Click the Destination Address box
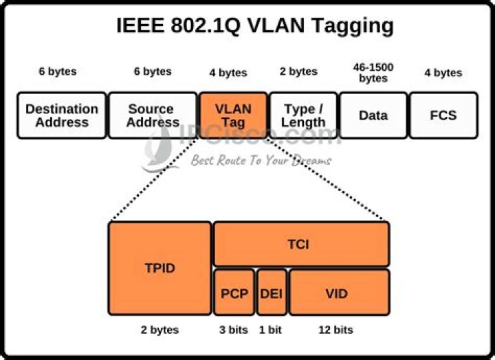(x=62, y=115)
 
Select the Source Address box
(x=151, y=115)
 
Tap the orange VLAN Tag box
(x=232, y=115)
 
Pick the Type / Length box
(x=303, y=115)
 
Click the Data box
(x=373, y=115)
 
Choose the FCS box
(x=443, y=115)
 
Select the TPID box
(x=159, y=268)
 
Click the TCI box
(x=301, y=244)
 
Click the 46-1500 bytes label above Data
(x=373, y=73)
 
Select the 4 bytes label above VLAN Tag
(x=228, y=73)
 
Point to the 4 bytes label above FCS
(x=443, y=73)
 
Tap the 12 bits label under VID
(x=335, y=330)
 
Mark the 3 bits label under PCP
(x=233, y=330)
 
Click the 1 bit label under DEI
(x=270, y=330)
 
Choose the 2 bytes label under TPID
(x=159, y=330)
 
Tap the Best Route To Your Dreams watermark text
(x=261, y=160)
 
